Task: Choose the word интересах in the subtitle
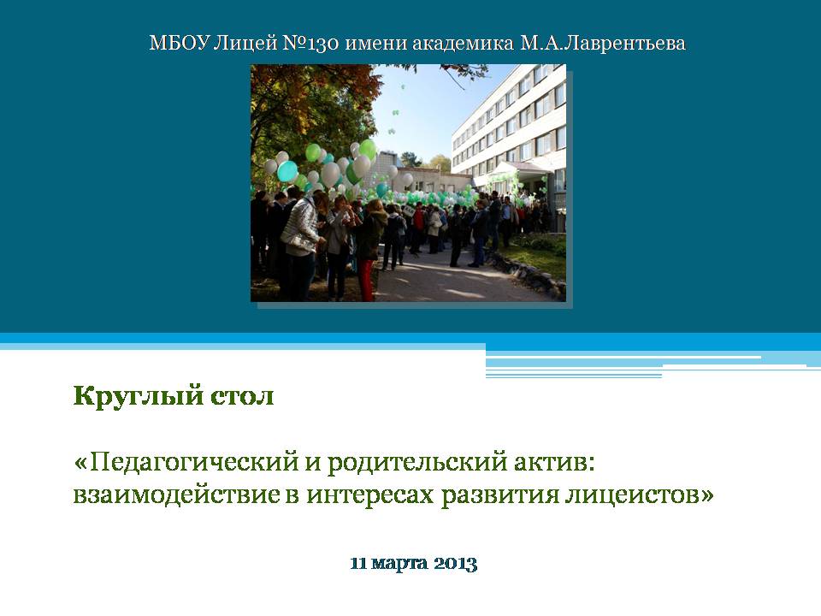370,496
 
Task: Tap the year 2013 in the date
456,564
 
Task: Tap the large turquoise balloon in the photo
287,171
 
